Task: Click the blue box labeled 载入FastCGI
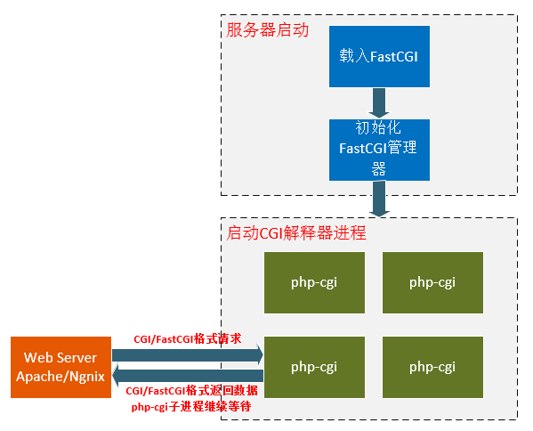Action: (379, 55)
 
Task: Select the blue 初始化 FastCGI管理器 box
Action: (379, 148)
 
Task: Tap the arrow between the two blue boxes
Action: (379, 102)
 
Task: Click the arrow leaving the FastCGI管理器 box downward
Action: (379, 197)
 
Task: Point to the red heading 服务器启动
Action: (267, 30)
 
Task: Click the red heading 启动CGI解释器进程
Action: (296, 234)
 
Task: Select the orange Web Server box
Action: (61, 367)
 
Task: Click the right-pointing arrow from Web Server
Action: (187, 355)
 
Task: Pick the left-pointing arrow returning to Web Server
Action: (187, 378)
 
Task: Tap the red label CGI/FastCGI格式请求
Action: (188, 339)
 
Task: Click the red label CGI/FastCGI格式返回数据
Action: (192, 392)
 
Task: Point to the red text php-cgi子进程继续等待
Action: (190, 406)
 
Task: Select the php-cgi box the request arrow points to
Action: (314, 367)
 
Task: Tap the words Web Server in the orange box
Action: (61, 358)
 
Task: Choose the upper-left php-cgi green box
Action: (314, 282)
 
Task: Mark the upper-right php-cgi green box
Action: (432, 282)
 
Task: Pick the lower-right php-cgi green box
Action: (432, 367)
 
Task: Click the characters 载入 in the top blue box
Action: (348, 55)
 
